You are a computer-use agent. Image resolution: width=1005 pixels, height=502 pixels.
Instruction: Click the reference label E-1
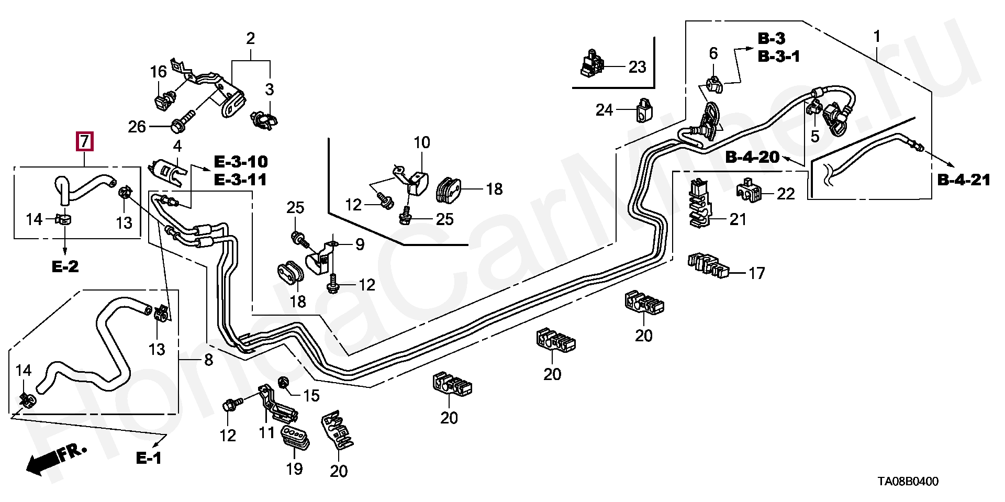(149, 458)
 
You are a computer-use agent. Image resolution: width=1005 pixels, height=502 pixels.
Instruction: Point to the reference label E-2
(65, 266)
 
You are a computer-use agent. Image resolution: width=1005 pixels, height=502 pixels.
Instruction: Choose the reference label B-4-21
(964, 180)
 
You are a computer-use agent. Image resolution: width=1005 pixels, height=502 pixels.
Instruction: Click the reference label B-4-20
(752, 157)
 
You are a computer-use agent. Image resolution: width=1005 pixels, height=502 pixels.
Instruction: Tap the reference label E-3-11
(241, 180)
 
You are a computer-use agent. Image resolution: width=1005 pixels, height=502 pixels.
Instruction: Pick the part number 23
(637, 67)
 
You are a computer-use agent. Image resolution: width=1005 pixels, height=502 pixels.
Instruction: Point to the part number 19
(294, 469)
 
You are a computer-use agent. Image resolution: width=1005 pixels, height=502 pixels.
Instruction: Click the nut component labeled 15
(284, 384)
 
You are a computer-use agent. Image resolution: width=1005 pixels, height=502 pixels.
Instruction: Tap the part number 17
(756, 273)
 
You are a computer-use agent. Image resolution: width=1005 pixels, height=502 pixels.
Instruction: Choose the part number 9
(360, 244)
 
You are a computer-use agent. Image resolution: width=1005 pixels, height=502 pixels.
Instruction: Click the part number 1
(877, 37)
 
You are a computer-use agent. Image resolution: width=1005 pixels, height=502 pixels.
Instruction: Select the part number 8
(208, 360)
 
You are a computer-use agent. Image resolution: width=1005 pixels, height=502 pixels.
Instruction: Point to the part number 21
(738, 219)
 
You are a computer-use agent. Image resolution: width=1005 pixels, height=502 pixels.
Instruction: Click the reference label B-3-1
(779, 57)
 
